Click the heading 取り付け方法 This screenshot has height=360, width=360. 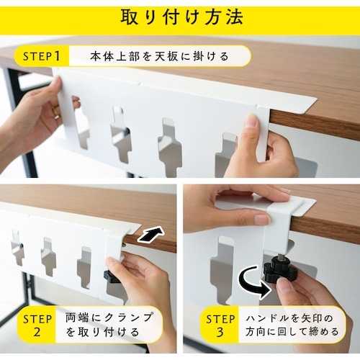click(x=180, y=16)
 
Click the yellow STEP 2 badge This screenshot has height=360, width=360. click(x=35, y=325)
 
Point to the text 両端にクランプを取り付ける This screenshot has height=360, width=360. click(x=109, y=325)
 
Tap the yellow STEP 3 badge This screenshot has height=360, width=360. click(x=217, y=325)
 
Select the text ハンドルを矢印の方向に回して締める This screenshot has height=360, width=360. click(x=292, y=325)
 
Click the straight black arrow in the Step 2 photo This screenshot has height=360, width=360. click(x=150, y=235)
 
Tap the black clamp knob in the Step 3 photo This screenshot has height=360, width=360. click(x=277, y=271)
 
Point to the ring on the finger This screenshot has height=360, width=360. click(x=55, y=112)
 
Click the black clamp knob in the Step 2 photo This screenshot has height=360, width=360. click(x=111, y=276)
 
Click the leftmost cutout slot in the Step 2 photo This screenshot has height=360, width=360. click(x=17, y=248)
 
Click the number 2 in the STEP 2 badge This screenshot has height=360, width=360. click(x=35, y=333)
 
